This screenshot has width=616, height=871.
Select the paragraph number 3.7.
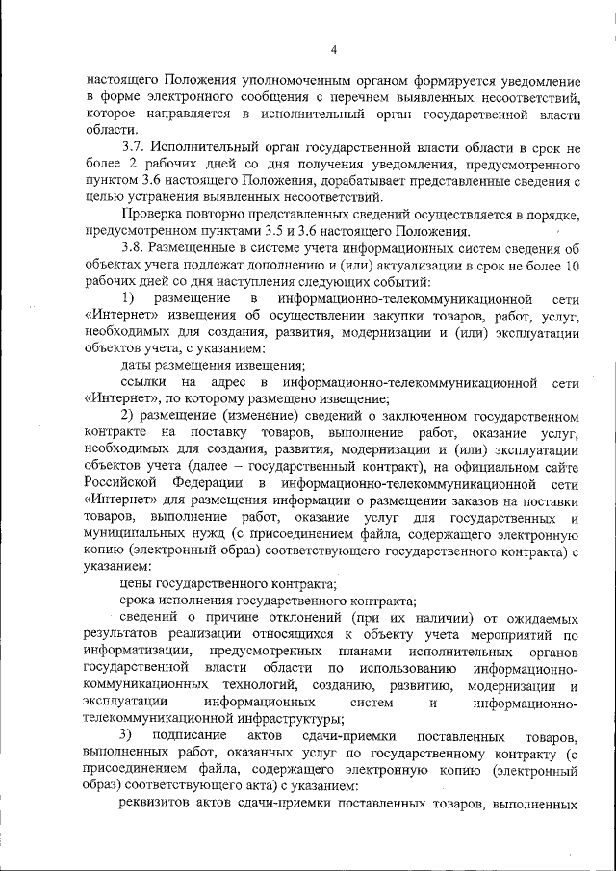point(134,146)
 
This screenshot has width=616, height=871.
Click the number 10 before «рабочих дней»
point(573,264)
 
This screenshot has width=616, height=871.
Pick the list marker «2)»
point(128,415)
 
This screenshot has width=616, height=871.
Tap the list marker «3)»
point(127,735)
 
